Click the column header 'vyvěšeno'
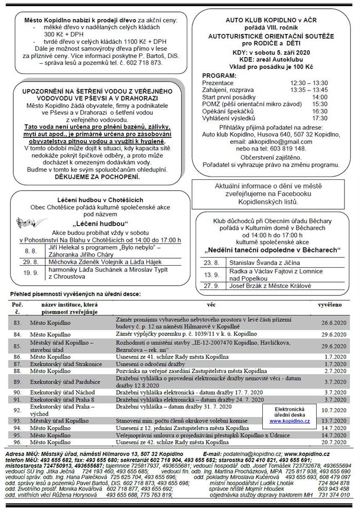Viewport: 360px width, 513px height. click(330, 305)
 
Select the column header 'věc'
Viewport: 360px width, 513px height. click(211, 305)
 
